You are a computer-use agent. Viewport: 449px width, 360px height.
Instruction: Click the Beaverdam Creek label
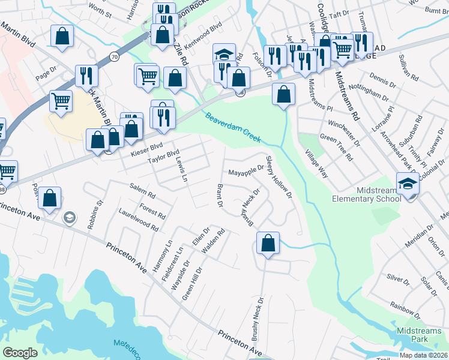tap(234, 127)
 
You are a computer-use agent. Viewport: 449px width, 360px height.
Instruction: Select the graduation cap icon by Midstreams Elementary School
tap(408, 183)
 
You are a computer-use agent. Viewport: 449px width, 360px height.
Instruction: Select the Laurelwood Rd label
tap(138, 220)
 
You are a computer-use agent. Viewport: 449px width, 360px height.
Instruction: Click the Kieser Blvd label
tap(146, 146)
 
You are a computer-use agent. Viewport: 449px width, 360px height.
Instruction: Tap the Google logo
tap(20, 353)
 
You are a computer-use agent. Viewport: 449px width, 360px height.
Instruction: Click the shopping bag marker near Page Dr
tap(62, 36)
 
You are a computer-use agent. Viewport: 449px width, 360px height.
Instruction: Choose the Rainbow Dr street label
tap(405, 308)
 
